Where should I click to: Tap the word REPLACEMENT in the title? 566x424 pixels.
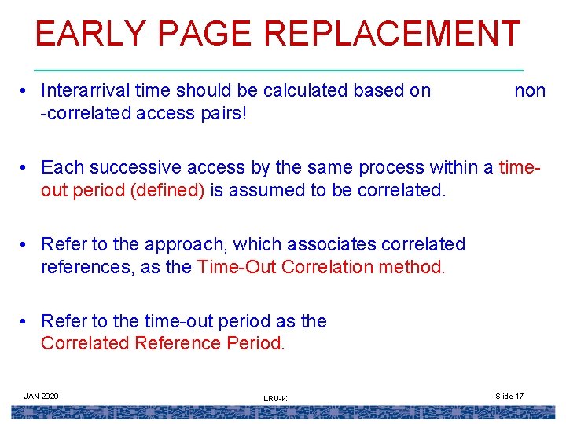pyautogui.click(x=392, y=35)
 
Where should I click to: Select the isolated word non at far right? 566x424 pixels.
pyautogui.click(x=529, y=90)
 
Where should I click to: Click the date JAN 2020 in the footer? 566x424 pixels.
pyautogui.click(x=41, y=396)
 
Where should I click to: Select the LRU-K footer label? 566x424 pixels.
pyautogui.click(x=275, y=399)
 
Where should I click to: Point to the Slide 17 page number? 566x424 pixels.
pyautogui.click(x=509, y=396)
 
